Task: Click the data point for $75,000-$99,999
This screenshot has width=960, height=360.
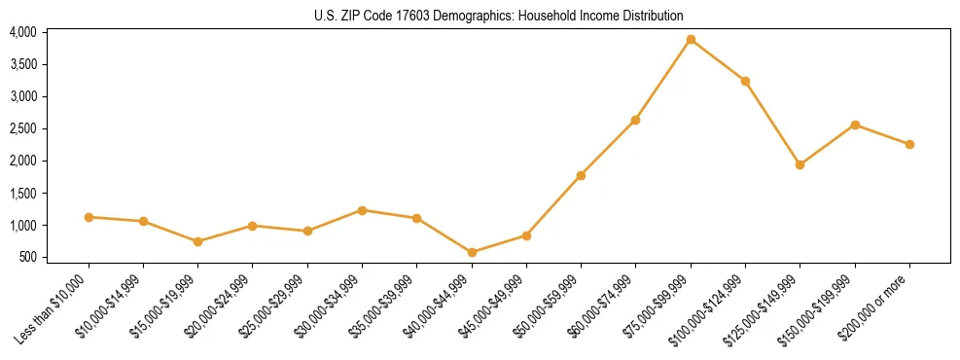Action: [x=691, y=40]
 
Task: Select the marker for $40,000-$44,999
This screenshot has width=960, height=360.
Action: [x=472, y=253]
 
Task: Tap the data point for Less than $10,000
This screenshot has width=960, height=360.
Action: [x=89, y=217]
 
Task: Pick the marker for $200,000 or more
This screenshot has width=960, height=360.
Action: [x=909, y=144]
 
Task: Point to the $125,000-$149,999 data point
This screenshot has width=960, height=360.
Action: [x=800, y=164]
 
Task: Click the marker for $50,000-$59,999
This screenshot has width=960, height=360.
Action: [x=581, y=175]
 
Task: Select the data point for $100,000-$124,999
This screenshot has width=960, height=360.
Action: [x=745, y=81]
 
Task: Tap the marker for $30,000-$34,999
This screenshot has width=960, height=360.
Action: [x=362, y=210]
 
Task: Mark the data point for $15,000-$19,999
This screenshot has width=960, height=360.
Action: [x=198, y=241]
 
